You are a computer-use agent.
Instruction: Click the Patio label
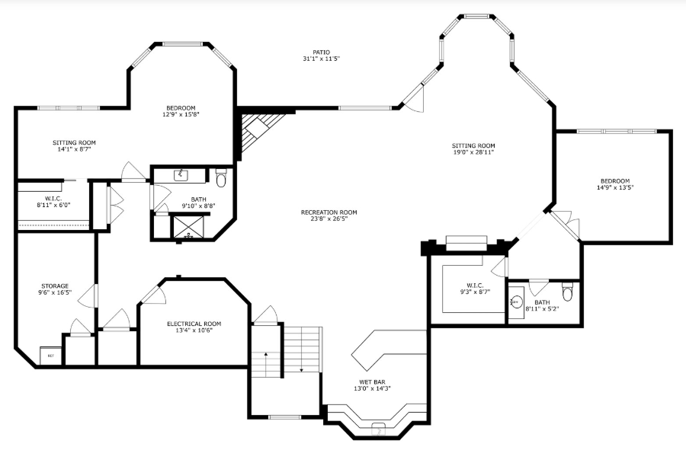coord(321,53)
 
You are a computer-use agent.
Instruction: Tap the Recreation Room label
coord(329,212)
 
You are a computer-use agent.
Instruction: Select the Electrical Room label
coord(194,324)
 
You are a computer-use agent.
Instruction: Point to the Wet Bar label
coord(372,381)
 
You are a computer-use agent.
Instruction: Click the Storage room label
coord(55,286)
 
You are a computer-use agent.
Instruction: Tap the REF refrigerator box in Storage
coord(51,356)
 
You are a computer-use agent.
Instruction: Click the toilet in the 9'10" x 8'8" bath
coord(221,177)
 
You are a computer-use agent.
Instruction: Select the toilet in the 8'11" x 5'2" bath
coord(567,292)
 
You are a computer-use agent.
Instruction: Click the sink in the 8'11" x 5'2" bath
coord(517,302)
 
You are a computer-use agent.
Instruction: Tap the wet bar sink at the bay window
coord(378,429)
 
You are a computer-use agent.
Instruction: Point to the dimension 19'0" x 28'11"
coord(473,152)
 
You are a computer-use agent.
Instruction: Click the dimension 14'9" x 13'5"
coord(615,187)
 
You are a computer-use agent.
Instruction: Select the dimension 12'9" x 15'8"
coord(181,114)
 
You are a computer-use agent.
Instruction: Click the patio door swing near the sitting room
coord(415,100)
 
